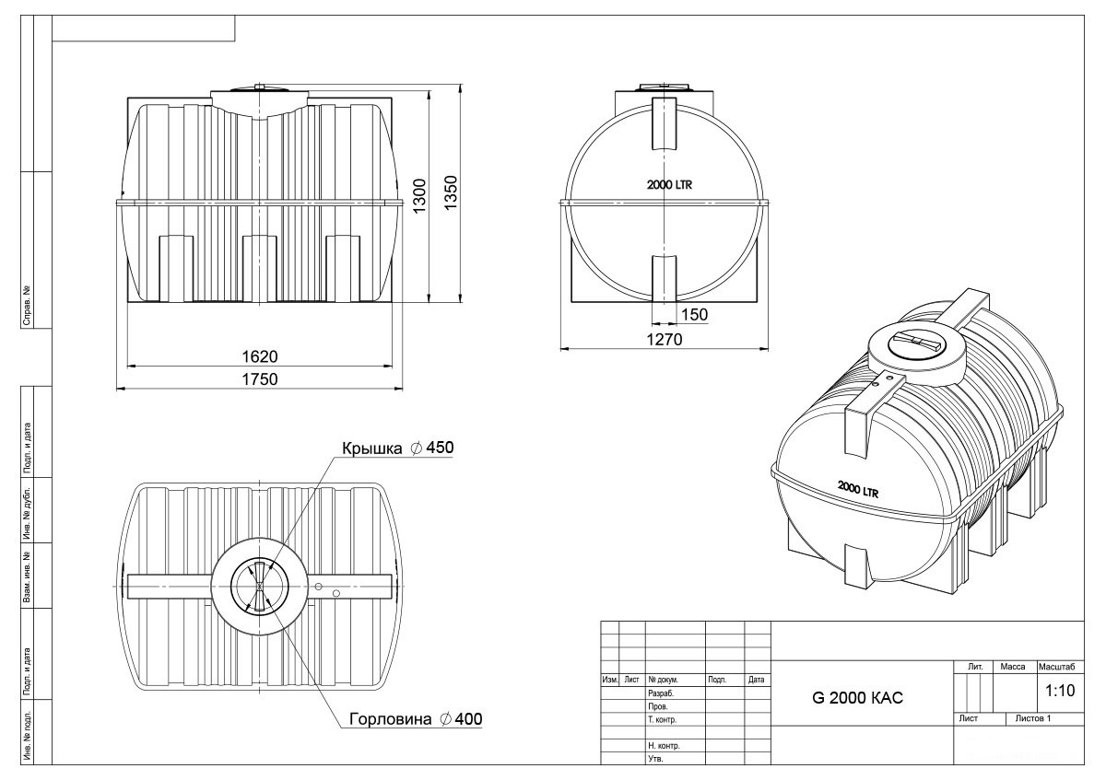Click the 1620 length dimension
point(260,356)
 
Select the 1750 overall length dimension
point(260,378)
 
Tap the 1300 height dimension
point(419,196)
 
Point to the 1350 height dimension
point(451,192)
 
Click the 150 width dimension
point(694,314)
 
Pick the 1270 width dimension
point(665,340)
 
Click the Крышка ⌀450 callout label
point(397,448)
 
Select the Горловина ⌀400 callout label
point(416,719)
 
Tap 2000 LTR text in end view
point(669,185)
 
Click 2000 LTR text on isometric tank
point(858,489)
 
